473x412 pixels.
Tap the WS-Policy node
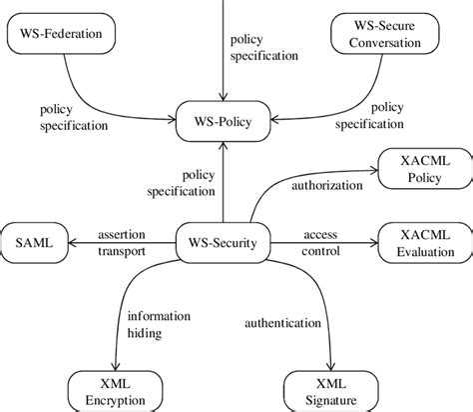pyautogui.click(x=223, y=123)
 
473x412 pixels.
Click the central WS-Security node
pyautogui.click(x=223, y=240)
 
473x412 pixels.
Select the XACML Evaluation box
pyautogui.click(x=420, y=240)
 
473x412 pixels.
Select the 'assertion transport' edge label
pyautogui.click(x=122, y=241)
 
